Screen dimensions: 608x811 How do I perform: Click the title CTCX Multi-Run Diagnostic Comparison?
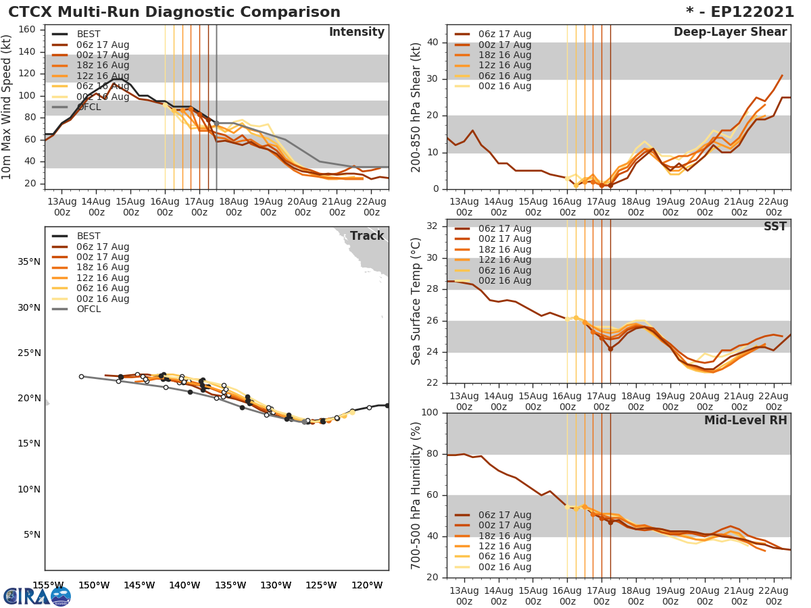(x=174, y=12)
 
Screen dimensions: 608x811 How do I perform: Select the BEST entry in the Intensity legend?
(x=89, y=34)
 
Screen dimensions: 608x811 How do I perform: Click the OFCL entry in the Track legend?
(x=89, y=309)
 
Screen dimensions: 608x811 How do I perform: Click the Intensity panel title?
(x=356, y=32)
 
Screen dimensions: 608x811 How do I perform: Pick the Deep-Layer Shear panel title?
(x=730, y=32)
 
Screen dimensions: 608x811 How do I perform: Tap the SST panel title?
(x=775, y=226)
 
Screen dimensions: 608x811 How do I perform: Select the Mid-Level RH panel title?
(x=745, y=420)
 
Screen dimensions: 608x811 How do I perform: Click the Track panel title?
(x=366, y=236)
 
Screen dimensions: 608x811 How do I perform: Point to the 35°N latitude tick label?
(x=28, y=262)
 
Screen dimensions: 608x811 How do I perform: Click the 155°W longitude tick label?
(x=48, y=585)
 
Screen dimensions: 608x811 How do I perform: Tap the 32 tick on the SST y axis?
(x=431, y=226)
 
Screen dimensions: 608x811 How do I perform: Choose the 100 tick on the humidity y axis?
(x=428, y=413)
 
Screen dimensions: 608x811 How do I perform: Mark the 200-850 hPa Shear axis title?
(x=416, y=107)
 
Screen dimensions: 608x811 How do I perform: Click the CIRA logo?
(x=37, y=596)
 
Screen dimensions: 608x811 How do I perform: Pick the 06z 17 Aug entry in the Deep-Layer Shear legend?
(x=504, y=34)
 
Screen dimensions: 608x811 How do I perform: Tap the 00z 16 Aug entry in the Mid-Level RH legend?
(x=504, y=567)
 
